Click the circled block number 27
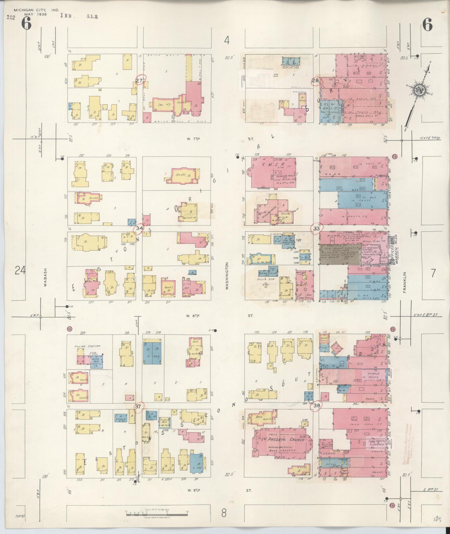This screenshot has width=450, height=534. click(x=139, y=80)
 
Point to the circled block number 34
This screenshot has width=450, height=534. click(x=139, y=228)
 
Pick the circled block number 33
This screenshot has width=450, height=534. click(x=316, y=228)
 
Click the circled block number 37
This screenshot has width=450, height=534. click(x=138, y=407)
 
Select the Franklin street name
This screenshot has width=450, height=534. click(x=404, y=282)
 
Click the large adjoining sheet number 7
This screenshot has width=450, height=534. click(x=433, y=273)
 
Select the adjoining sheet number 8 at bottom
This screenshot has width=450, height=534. click(x=224, y=513)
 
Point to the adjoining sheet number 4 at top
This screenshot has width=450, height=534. click(x=227, y=41)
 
